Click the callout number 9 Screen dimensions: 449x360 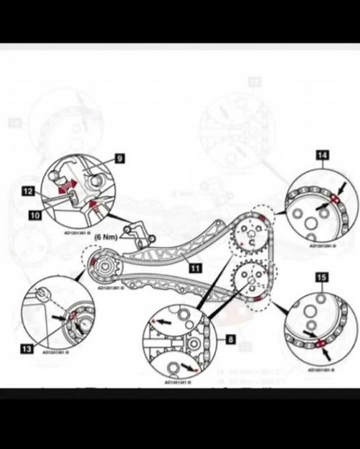[119, 159]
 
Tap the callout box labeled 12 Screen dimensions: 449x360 [28, 190]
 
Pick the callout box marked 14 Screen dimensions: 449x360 [322, 155]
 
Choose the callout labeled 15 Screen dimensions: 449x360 [321, 277]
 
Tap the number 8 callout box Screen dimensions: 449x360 [231, 340]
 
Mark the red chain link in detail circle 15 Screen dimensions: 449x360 [322, 346]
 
